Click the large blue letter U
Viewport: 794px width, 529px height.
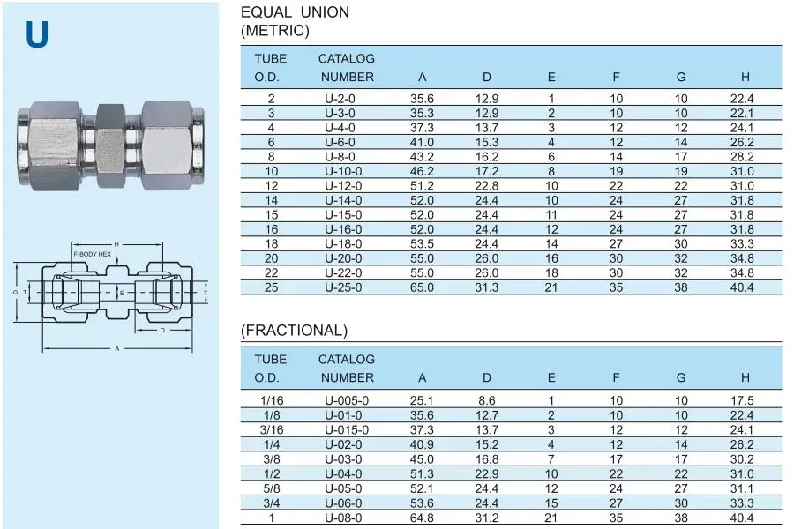click(x=37, y=34)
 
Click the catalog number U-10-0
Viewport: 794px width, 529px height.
click(x=343, y=171)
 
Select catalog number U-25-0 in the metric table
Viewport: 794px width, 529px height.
click(x=343, y=287)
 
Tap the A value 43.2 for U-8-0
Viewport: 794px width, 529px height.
click(x=422, y=157)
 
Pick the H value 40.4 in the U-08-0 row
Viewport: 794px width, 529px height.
click(x=742, y=518)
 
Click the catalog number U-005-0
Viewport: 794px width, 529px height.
click(x=347, y=400)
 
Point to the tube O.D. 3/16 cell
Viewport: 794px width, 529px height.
click(x=272, y=429)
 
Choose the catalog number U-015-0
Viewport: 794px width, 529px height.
click(x=347, y=429)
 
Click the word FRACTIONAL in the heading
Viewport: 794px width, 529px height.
click(x=294, y=331)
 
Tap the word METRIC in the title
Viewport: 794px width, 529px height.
click(x=275, y=31)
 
